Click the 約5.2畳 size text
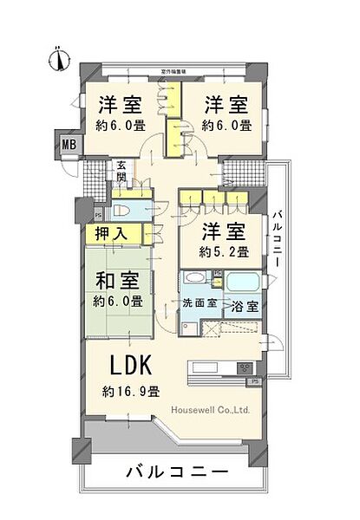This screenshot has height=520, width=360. click(226, 252)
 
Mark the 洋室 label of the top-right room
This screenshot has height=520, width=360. click(226, 106)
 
